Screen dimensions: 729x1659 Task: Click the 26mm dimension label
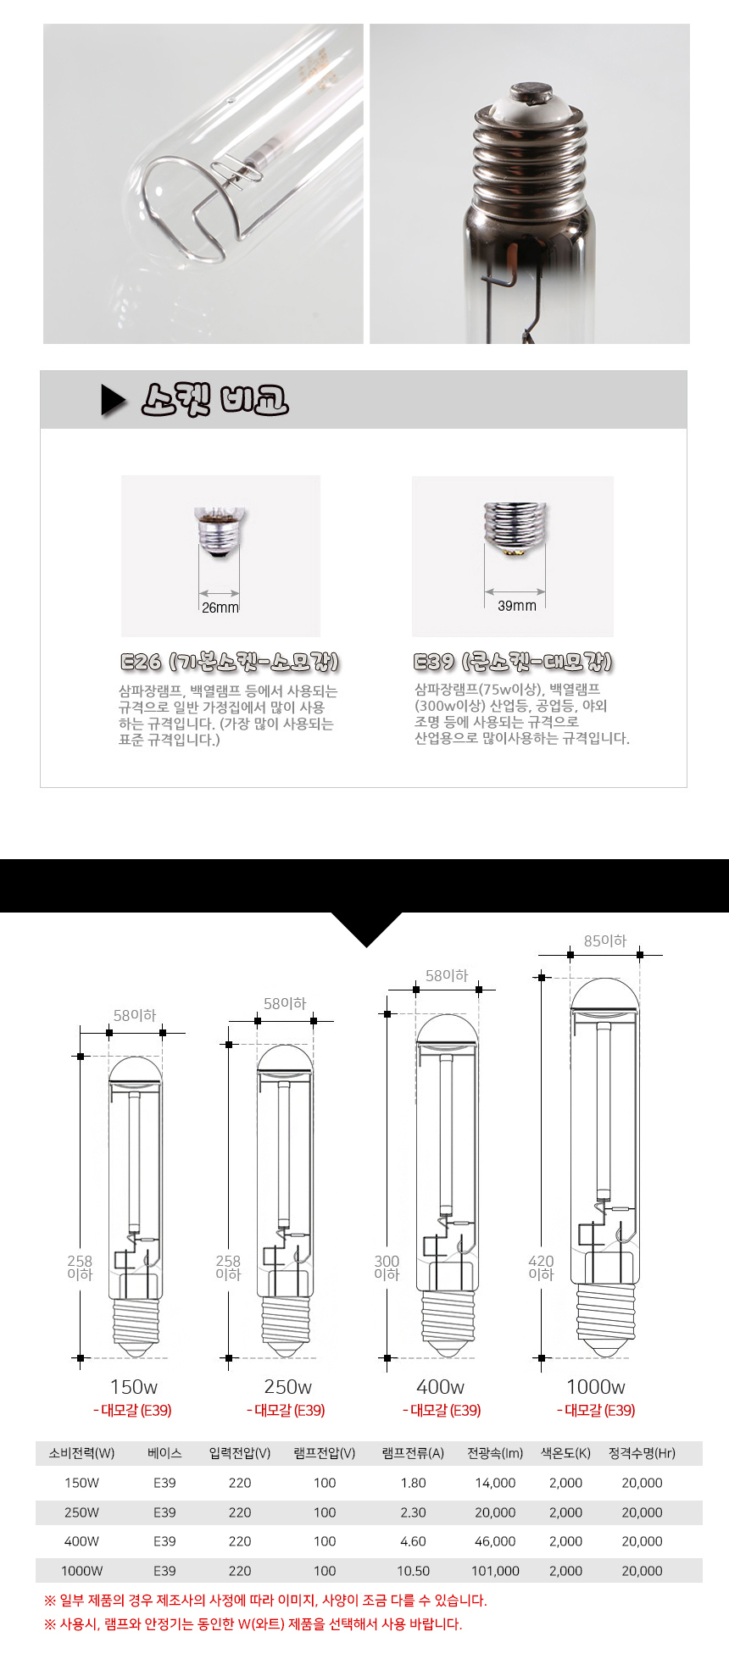point(220,608)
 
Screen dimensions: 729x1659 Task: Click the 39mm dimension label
point(517,605)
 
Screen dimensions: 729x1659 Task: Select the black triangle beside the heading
point(114,400)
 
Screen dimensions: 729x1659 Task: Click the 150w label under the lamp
point(134,1387)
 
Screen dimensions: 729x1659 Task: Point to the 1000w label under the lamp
point(596,1387)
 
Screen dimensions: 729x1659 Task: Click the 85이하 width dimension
point(605,940)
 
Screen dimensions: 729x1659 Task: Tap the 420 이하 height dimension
point(541,1268)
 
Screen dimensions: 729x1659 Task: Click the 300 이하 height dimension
point(387,1268)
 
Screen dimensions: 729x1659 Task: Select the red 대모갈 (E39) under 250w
point(286,1411)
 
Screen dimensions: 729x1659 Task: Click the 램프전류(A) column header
point(413,1453)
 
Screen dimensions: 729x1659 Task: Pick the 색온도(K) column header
point(565,1453)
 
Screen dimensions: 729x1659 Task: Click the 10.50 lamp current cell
point(413,1571)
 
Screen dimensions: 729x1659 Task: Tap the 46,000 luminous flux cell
point(495,1541)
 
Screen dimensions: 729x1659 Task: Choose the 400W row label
point(81,1541)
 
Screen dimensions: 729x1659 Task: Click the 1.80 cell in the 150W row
point(413,1483)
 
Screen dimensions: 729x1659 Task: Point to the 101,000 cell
point(495,1571)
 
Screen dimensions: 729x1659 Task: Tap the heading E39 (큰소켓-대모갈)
point(513,662)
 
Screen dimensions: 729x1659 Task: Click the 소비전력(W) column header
point(81,1453)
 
